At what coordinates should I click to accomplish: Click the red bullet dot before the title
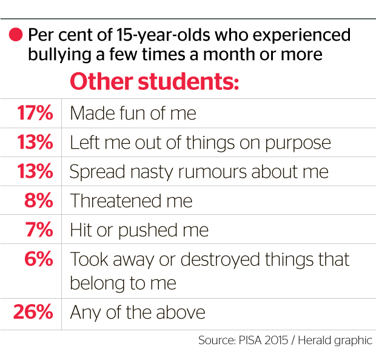(x=16, y=35)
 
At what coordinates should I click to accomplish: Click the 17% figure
(x=35, y=113)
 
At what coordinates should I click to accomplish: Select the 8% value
(x=39, y=200)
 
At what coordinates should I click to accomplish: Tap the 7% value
(x=39, y=229)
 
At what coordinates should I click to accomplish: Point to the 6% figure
(x=39, y=259)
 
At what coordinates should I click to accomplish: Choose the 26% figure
(x=33, y=312)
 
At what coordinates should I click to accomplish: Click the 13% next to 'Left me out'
(x=35, y=142)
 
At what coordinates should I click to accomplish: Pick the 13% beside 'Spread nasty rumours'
(x=35, y=171)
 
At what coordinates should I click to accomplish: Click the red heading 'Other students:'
(x=155, y=81)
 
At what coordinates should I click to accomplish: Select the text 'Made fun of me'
(x=133, y=113)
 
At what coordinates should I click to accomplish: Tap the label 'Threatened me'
(x=131, y=200)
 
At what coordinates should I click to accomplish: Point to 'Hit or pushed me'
(x=139, y=230)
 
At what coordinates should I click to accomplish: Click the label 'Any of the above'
(x=138, y=313)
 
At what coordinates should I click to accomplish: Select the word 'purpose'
(x=298, y=144)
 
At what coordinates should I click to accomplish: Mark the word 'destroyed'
(x=220, y=260)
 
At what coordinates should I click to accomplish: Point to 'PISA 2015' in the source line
(x=263, y=341)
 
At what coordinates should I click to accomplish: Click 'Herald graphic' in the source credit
(x=335, y=341)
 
